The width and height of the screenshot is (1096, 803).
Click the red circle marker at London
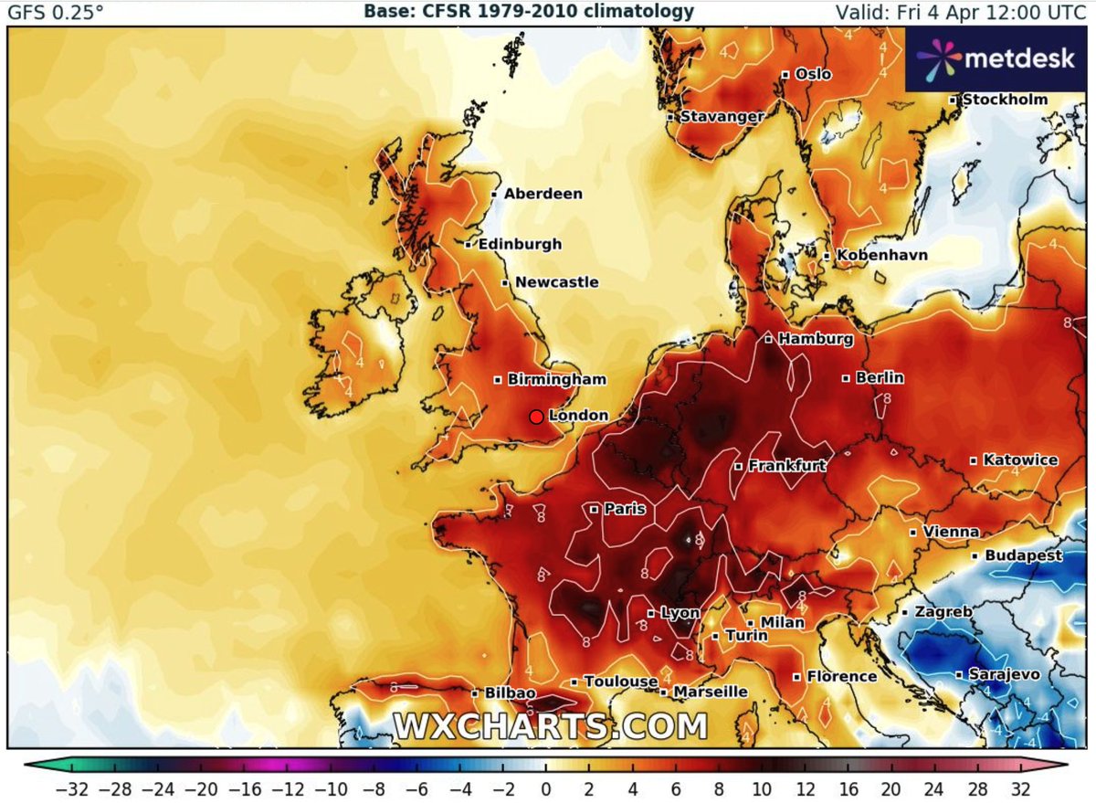pyautogui.click(x=537, y=417)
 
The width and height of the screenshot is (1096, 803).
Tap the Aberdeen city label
pyautogui.click(x=543, y=194)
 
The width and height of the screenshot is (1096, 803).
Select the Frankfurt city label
pyautogui.click(x=786, y=466)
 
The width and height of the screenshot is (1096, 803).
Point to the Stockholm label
pyautogui.click(x=1005, y=99)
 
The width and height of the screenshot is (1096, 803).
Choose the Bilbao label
pyautogui.click(x=511, y=694)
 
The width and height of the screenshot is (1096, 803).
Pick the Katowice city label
pyautogui.click(x=1020, y=460)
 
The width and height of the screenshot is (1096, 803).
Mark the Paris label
pyautogui.click(x=625, y=509)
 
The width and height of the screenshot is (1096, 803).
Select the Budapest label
pyautogui.click(x=1023, y=555)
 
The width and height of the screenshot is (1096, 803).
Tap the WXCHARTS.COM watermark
pyautogui.click(x=551, y=726)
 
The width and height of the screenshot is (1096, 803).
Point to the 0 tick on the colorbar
pyautogui.click(x=545, y=787)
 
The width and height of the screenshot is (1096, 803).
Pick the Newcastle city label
pyautogui.click(x=556, y=282)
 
